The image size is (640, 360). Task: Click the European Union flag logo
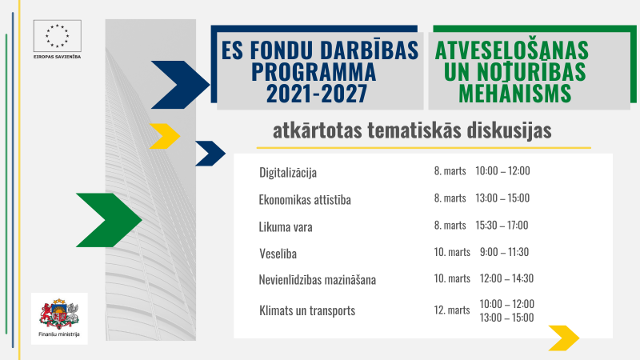coord(58,35)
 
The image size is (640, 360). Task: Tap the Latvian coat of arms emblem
coord(59,310)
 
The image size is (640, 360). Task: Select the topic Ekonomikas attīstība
coord(305,199)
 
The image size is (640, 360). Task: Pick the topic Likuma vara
coord(286,226)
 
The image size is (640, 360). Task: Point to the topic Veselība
coord(281,253)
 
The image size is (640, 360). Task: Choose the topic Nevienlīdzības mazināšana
coord(318,280)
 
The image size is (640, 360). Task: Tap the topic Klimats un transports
coord(306,310)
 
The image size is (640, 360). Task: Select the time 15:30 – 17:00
coord(502,225)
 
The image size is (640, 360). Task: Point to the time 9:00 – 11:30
coord(504,252)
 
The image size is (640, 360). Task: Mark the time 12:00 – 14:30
coord(506,278)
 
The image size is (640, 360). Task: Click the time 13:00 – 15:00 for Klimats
coord(506,318)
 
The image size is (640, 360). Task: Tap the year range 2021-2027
coord(317,94)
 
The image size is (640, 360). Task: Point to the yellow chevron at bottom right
coord(563,338)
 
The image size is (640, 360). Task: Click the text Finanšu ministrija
coord(59,334)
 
